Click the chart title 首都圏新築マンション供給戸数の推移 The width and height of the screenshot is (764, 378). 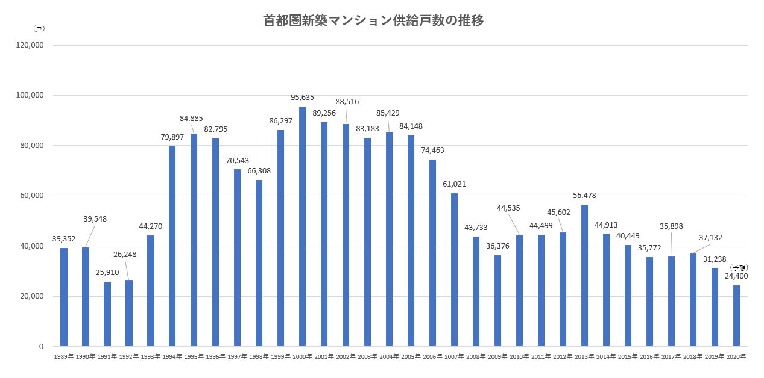(374, 21)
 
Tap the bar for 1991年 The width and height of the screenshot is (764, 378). (107, 314)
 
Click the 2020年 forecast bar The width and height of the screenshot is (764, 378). (736, 315)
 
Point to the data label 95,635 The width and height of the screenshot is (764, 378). (302, 98)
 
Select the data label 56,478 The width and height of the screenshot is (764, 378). (584, 196)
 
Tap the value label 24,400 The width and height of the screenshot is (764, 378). (736, 277)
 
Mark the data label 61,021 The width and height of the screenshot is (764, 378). (454, 184)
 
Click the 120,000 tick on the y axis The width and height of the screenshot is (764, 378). (29, 45)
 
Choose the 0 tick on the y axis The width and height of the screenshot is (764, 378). (41, 347)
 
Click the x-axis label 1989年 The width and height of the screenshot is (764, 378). (63, 357)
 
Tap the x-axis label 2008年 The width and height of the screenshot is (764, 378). (476, 357)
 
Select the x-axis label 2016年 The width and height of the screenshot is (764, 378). (649, 357)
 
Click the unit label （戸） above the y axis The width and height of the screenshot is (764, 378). (39, 28)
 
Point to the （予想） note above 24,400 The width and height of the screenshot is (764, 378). (739, 267)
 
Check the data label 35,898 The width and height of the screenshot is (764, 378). (671, 226)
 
